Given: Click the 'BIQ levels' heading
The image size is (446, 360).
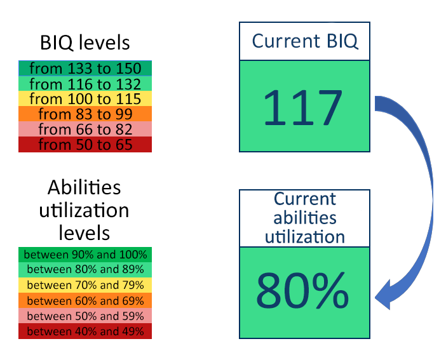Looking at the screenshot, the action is [84, 43].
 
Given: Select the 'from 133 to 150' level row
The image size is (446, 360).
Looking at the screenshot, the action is [85, 68].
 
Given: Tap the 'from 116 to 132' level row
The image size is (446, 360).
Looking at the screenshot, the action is [85, 83].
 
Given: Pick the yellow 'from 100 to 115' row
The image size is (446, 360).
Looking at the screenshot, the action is [85, 98].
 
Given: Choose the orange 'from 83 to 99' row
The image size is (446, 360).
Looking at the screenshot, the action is [85, 114].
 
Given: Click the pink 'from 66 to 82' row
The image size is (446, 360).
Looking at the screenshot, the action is [85, 129].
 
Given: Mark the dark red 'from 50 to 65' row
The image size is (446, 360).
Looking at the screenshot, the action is [85, 145].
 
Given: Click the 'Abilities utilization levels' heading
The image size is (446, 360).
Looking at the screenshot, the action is [84, 210].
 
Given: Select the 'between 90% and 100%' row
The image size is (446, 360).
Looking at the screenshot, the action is [85, 255].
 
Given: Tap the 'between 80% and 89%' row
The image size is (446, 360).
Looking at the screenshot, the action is [85, 270].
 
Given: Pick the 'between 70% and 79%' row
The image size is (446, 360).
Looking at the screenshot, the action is [85, 285].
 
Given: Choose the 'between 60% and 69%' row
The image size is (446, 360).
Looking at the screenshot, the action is [85, 300].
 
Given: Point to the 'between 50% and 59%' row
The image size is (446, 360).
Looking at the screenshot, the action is [85, 316].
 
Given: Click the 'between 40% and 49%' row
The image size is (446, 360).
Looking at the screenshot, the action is [85, 331].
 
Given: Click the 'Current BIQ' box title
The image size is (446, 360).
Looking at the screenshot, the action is [304, 41].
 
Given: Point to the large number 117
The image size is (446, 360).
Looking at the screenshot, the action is [302, 107].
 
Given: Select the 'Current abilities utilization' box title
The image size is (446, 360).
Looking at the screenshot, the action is [304, 218].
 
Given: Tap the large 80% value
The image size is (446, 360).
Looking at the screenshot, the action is [302, 290].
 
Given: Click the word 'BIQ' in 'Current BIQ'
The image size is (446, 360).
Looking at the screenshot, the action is [342, 42].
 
